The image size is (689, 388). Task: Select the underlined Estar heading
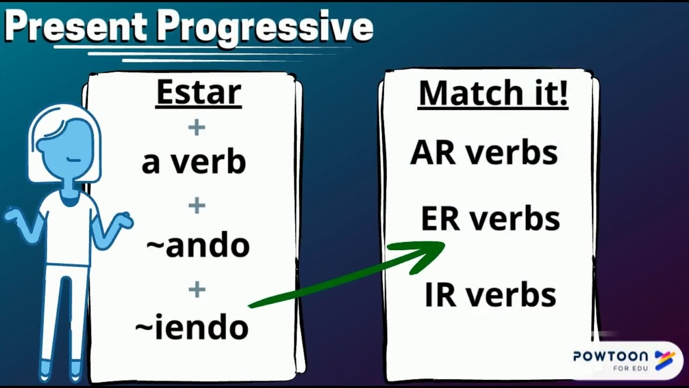(x=198, y=93)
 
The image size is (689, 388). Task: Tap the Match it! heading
(x=493, y=93)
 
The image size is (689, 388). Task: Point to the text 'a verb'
(x=194, y=162)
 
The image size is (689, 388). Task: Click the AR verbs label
(x=484, y=153)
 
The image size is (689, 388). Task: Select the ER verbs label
(x=490, y=219)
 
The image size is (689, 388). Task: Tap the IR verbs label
(x=490, y=296)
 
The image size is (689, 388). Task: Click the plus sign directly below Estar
(x=196, y=128)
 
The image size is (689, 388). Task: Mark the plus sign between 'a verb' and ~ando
(x=196, y=205)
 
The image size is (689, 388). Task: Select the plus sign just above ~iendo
(x=196, y=289)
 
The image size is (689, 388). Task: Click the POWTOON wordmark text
(x=610, y=356)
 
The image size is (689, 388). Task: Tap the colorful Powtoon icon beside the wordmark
(x=664, y=360)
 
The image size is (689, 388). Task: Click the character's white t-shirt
(x=68, y=232)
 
